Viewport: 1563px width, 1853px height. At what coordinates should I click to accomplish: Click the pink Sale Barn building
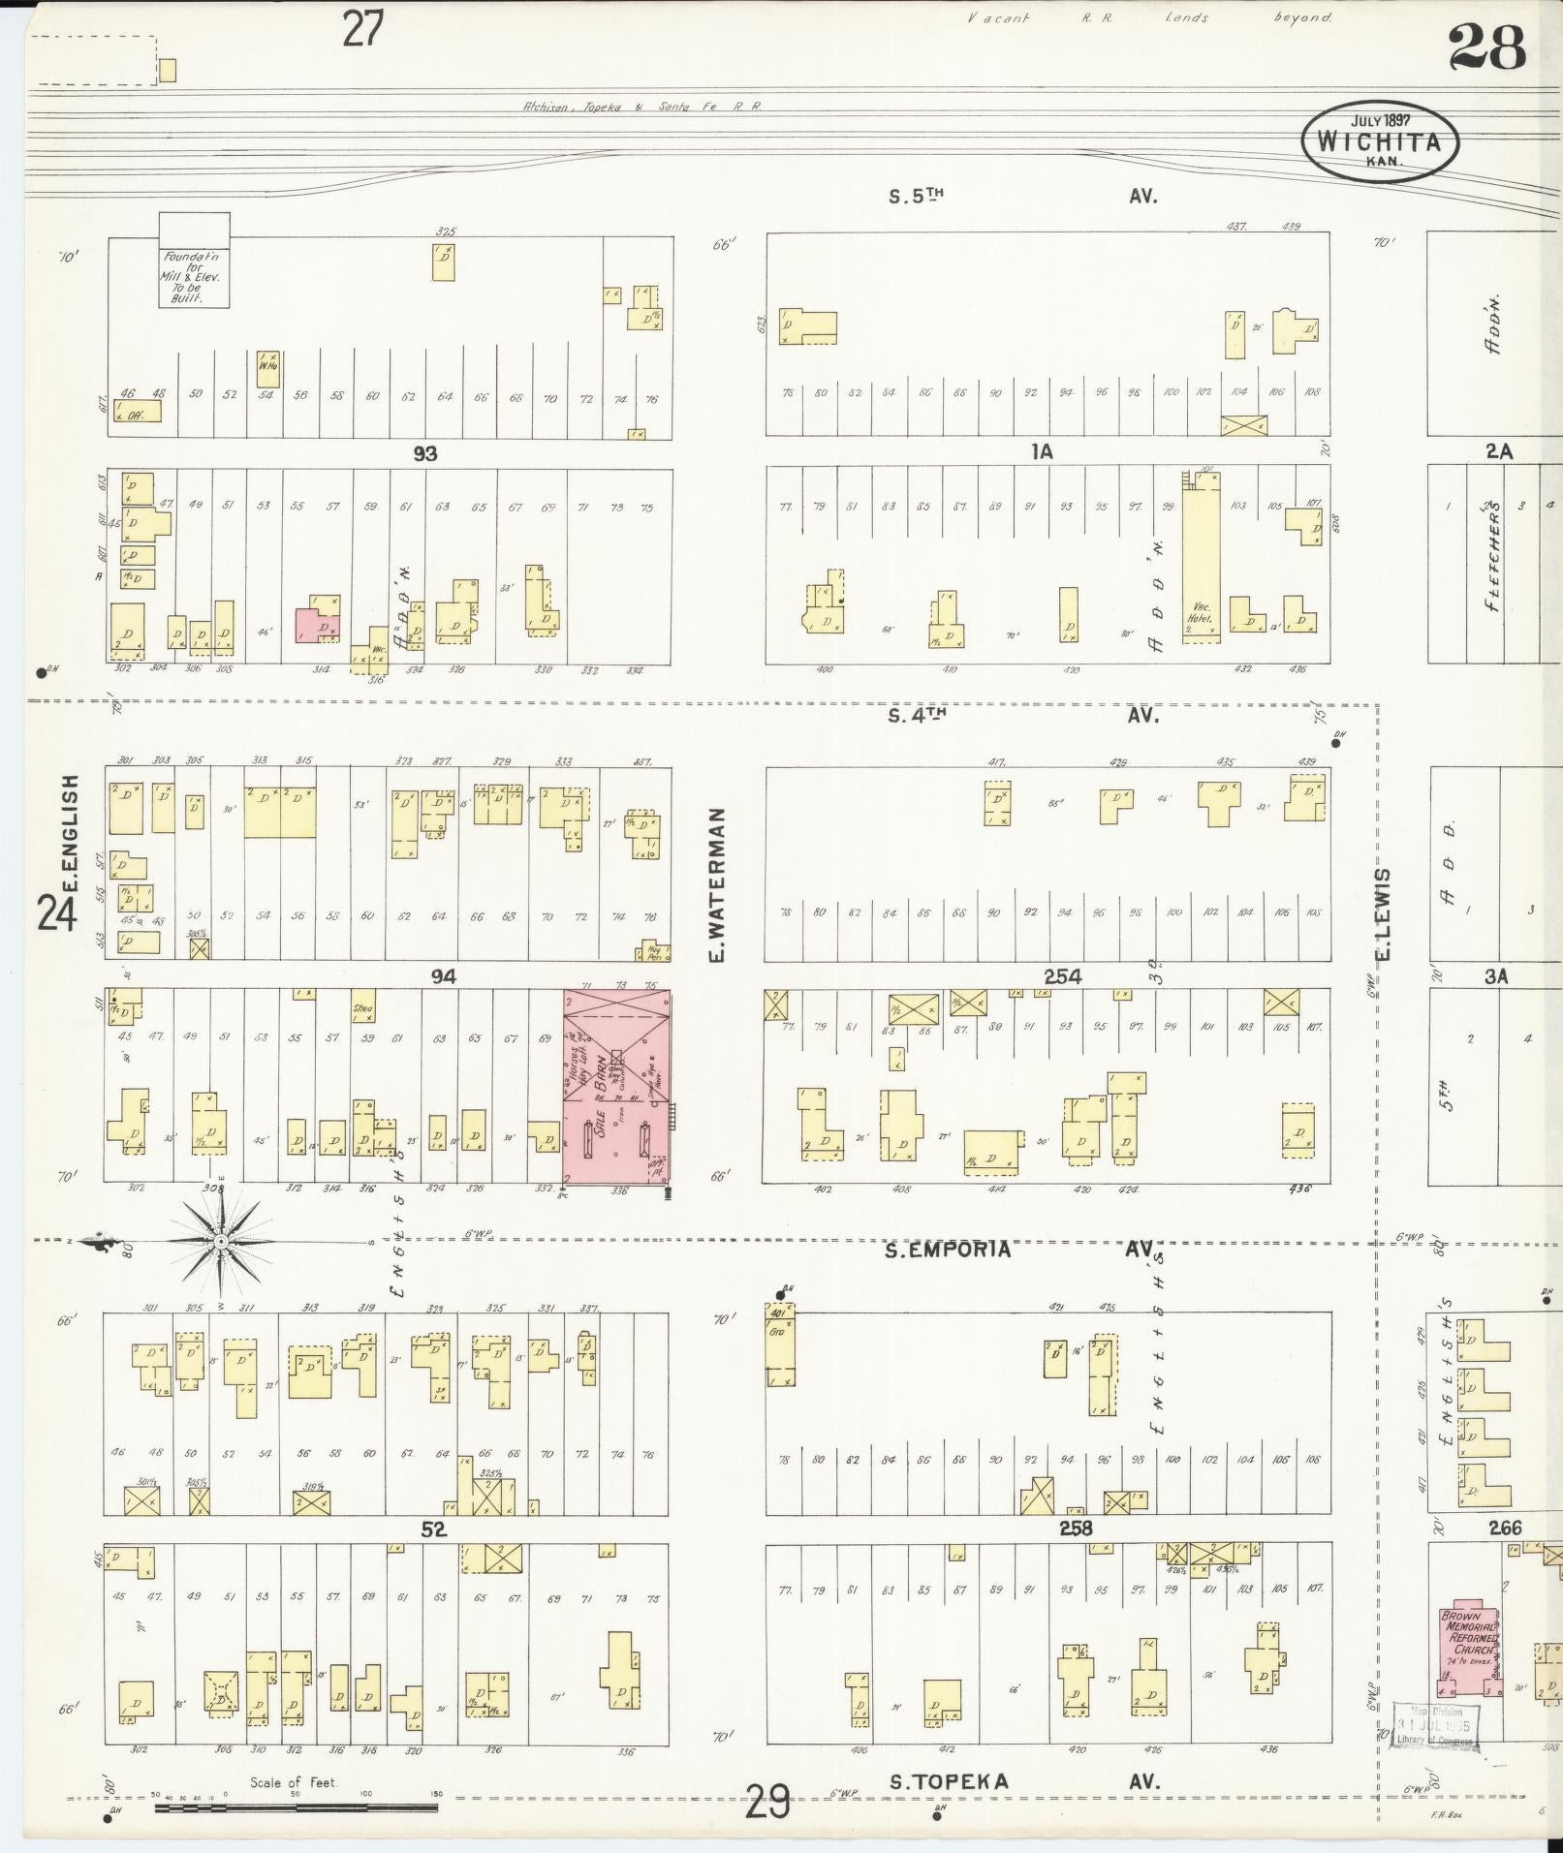(616, 1088)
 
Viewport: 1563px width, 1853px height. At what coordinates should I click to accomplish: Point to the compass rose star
(221, 1241)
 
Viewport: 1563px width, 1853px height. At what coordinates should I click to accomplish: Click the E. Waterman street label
(718, 885)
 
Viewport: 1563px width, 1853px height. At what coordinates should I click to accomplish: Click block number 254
(1062, 976)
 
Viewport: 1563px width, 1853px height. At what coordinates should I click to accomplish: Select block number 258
(1075, 1529)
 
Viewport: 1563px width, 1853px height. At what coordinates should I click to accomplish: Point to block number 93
(425, 452)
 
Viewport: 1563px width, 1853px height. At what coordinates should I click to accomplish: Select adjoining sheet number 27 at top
(363, 28)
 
